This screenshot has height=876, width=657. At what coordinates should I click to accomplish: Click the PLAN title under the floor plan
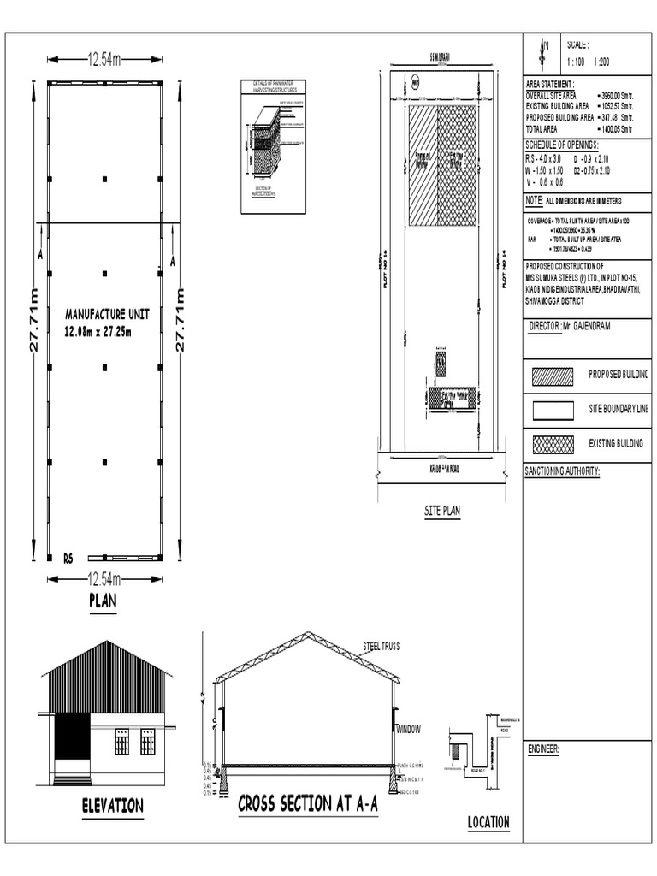[103, 601]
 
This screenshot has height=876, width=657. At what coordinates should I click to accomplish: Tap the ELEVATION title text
[112, 806]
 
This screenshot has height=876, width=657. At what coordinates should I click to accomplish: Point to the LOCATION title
[488, 823]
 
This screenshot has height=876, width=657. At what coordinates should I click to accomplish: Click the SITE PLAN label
[442, 511]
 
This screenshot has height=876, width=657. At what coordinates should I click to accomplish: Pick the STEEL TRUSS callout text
[381, 648]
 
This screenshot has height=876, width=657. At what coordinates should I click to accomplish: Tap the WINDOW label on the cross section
[409, 729]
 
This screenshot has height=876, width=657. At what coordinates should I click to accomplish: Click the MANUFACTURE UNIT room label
[102, 313]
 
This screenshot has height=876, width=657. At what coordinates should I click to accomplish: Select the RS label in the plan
[68, 559]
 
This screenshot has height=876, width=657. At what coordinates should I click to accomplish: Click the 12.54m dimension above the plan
[104, 59]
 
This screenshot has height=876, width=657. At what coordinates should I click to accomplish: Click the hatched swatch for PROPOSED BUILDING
[552, 376]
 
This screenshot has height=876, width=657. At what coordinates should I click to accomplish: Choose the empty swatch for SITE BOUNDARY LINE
[552, 410]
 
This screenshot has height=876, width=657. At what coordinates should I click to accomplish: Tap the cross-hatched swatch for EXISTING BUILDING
[552, 443]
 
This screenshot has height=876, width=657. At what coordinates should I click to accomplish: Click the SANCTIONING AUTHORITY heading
[563, 471]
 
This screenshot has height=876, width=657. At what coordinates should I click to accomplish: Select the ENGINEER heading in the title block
[543, 749]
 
